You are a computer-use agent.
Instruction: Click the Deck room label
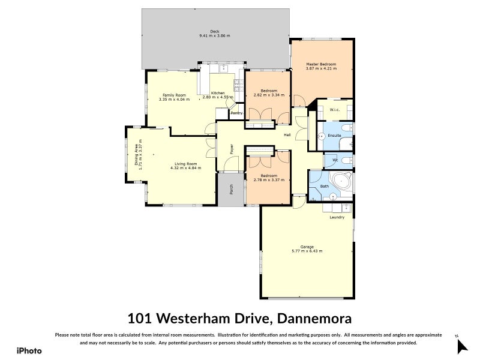(x=214, y=31)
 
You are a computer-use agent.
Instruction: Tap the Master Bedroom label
(x=321, y=64)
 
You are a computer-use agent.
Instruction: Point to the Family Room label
(x=174, y=95)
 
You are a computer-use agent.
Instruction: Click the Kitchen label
(x=218, y=93)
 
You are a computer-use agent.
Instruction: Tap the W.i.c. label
(x=335, y=110)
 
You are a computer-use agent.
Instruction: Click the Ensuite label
(x=334, y=136)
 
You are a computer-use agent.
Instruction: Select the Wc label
(x=335, y=160)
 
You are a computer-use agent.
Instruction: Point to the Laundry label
(x=337, y=217)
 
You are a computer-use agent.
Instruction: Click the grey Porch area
(x=232, y=190)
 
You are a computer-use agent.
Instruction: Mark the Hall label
(x=287, y=135)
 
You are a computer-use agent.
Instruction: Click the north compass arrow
(x=461, y=346)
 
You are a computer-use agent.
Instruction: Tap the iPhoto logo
(x=29, y=350)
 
